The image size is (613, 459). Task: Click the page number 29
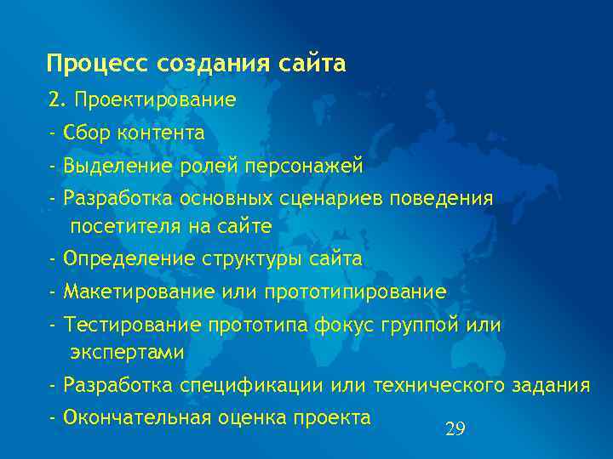tap(455, 429)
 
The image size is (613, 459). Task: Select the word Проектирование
tap(155, 100)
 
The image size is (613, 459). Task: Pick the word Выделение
tap(116, 165)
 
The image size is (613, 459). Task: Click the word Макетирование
tap(128, 292)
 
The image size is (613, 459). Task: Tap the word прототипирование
tap(355, 292)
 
